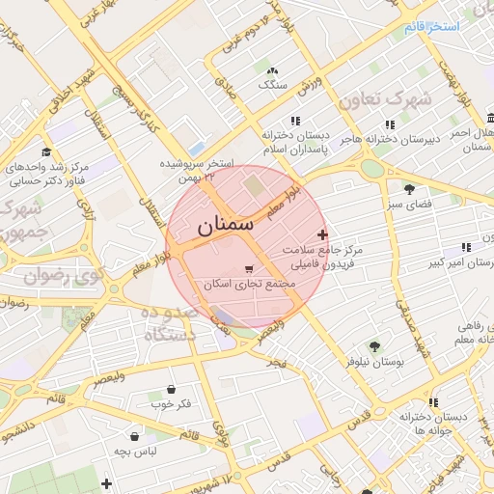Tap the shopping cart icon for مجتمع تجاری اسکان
pos(250,269)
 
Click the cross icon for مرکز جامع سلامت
pos(322,234)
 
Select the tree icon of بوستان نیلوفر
pos(374,345)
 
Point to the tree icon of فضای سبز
pos(409,189)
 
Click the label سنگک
pos(273,85)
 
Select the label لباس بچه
pos(135,451)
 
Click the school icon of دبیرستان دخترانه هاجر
pos(390,123)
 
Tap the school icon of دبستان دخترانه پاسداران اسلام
pos(295,122)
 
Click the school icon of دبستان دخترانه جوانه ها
pos(433,401)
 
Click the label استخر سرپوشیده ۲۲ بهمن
pos(200,171)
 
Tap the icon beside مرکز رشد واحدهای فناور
pos(45,152)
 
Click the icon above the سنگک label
pos(273,70)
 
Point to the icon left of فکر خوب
pos(157,403)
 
